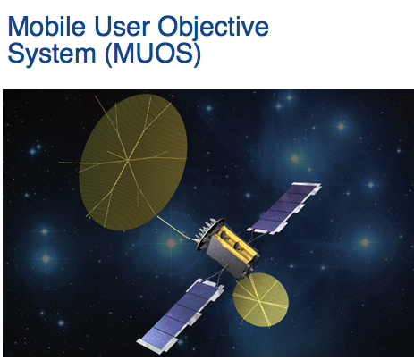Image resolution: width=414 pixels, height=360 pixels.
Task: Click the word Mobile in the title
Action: pos(46,27)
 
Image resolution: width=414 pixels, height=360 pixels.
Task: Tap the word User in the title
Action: pos(123,27)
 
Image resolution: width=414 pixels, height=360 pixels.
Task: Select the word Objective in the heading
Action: pos(214,29)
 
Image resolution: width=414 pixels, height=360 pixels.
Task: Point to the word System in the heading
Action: pos(52,54)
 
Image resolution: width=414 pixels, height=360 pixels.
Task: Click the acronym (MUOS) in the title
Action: pos(153,54)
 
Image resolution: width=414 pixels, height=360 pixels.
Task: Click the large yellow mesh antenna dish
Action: pos(133,162)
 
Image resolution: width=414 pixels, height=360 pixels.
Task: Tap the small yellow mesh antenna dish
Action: pos(260,299)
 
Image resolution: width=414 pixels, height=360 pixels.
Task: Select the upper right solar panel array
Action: pos(284,208)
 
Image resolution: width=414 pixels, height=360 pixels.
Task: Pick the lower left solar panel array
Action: pos(181,315)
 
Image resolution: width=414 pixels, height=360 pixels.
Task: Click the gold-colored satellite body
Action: pos(232,248)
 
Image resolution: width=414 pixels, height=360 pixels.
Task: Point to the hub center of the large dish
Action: pos(128,160)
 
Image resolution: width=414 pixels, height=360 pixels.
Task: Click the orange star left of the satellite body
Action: pos(171,243)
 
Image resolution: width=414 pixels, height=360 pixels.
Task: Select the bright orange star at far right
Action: pos(366,242)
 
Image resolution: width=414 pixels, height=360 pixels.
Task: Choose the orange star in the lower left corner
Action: pos(46,258)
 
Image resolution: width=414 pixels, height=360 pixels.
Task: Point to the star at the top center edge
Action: pos(289,97)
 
